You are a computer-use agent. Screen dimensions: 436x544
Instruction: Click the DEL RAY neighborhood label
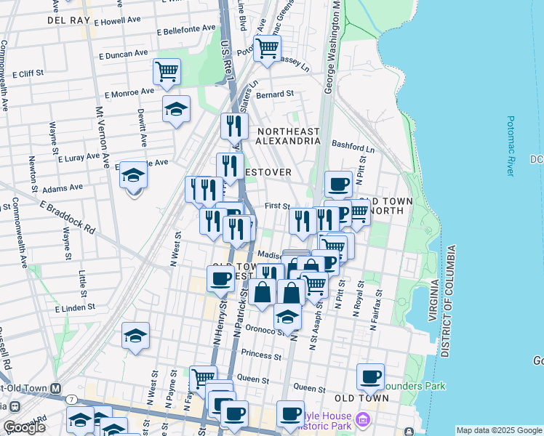pos(68,20)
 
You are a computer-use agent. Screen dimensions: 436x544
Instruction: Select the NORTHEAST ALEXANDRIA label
pos(289,137)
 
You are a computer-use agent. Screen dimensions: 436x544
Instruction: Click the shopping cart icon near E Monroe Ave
pos(167,71)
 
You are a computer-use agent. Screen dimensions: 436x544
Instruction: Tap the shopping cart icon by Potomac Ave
pos(268,48)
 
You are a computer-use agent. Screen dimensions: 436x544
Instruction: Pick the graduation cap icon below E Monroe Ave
pos(176,108)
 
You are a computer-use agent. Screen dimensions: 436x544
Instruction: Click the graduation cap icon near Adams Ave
pos(133,174)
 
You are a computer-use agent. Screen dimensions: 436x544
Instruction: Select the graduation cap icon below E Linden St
pos(135,335)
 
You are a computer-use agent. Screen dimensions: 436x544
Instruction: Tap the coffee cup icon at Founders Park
pos(371,376)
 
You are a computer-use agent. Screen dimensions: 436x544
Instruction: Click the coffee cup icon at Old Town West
pos(221,278)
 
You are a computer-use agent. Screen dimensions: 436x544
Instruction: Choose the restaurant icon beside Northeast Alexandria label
pos(234,126)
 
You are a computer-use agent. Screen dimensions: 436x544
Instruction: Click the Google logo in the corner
pos(24,427)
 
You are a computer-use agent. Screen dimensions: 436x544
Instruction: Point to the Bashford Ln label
pos(353,145)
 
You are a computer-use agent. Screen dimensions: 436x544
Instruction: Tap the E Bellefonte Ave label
pos(186,30)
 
